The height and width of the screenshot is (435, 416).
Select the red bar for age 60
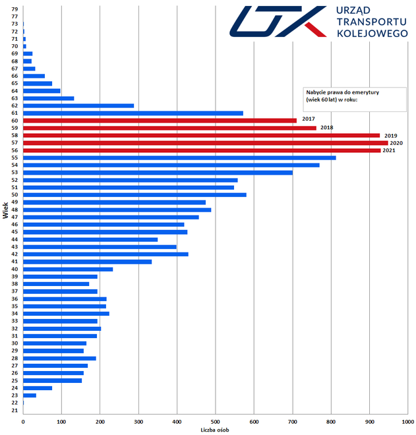pyautogui.click(x=160, y=121)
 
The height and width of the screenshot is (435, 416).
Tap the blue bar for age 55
pyautogui.click(x=179, y=158)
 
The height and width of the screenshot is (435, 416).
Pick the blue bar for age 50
pyautogui.click(x=134, y=195)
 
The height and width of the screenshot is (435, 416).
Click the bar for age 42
pyautogui.click(x=105, y=254)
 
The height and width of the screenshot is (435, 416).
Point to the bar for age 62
pyautogui.click(x=78, y=105)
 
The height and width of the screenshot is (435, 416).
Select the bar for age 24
pyautogui.click(x=38, y=388)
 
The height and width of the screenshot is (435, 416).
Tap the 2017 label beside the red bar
pyautogui.click(x=308, y=119)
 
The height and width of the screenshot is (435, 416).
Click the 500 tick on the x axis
pyautogui.click(x=216, y=420)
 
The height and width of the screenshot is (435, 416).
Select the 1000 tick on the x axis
pyautogui.click(x=407, y=420)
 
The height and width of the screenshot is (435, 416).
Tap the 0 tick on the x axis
pyautogui.click(x=23, y=420)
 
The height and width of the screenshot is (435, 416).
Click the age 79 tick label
pyautogui.click(x=15, y=9)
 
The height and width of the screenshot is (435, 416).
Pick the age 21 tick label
pyautogui.click(x=15, y=411)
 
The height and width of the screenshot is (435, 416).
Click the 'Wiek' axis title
pyautogui.click(x=5, y=212)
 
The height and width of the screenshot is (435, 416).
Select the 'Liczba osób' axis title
pyautogui.click(x=215, y=430)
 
